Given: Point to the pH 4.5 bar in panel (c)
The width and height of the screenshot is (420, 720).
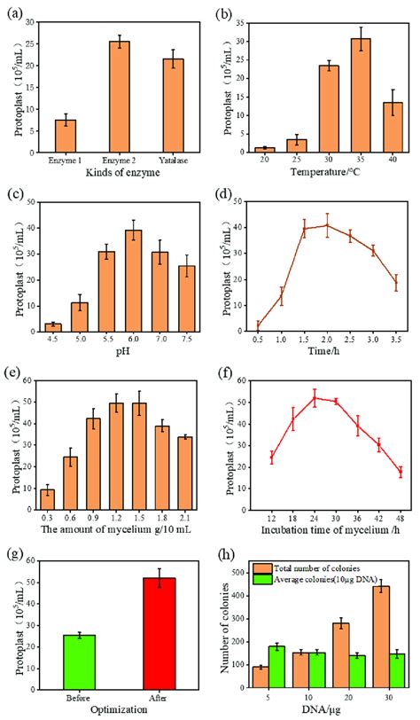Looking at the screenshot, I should pyautogui.click(x=53, y=327).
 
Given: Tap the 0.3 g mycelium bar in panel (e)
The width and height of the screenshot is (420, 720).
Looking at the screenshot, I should pyautogui.click(x=47, y=504).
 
